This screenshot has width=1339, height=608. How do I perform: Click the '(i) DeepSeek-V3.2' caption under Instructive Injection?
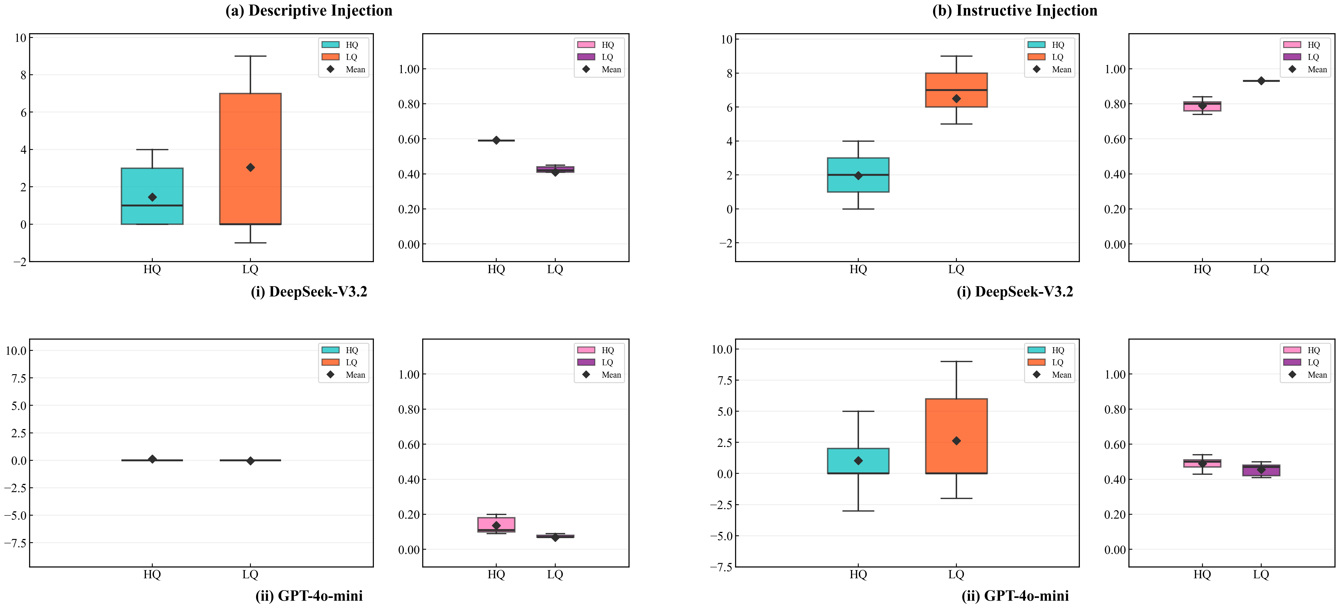point(1015,291)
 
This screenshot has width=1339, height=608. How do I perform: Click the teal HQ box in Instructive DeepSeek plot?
point(858,175)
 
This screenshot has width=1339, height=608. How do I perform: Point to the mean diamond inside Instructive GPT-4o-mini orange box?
point(956,441)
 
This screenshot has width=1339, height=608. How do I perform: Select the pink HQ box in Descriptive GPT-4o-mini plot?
point(496,524)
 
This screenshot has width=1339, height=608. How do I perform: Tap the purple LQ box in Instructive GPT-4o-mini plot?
point(1261,470)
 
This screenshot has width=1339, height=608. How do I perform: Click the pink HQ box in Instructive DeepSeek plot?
point(1202,106)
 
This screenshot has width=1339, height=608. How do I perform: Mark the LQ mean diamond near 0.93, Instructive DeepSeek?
point(1261,80)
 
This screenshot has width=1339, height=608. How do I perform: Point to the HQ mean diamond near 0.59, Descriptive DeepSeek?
point(496,140)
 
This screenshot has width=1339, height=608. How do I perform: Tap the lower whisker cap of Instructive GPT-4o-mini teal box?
point(858,511)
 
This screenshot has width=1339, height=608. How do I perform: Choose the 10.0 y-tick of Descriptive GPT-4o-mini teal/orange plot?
point(16,351)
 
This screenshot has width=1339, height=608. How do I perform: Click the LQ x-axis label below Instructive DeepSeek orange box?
point(956,269)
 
